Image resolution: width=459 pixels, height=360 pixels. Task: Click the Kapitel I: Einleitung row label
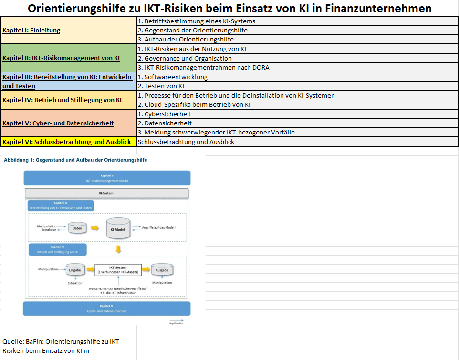[x=31, y=30]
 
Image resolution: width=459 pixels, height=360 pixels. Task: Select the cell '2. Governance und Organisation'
[x=184, y=58]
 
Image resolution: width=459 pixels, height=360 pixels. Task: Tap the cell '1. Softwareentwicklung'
[x=173, y=77]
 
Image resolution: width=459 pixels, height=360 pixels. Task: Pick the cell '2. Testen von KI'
[x=161, y=86]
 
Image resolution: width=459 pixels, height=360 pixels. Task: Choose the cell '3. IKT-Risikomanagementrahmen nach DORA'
[x=203, y=68]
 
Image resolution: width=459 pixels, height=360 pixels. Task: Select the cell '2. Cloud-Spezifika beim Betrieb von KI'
[x=194, y=105]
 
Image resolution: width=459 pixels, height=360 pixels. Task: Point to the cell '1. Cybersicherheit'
[x=165, y=114]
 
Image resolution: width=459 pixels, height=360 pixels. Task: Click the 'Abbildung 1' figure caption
[x=75, y=160]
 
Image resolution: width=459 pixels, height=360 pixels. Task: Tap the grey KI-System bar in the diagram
[x=107, y=193]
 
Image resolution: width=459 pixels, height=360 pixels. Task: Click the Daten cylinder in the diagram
[x=77, y=228]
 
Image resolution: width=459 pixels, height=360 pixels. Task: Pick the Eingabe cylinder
[x=75, y=270]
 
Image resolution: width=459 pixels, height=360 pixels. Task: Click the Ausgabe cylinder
[x=162, y=270]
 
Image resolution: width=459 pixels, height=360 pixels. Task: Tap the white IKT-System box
[x=118, y=270]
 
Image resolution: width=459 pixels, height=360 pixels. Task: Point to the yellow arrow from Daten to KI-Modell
[x=95, y=228]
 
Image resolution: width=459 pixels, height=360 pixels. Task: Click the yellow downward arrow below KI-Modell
[x=118, y=249]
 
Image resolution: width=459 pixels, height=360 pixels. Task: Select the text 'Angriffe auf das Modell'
[x=158, y=228]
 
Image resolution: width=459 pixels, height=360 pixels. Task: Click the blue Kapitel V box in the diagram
[x=107, y=308]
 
